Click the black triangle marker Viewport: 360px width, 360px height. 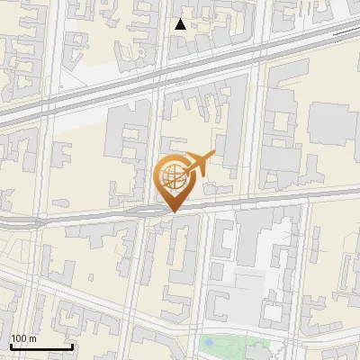(180, 24)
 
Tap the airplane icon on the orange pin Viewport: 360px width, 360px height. (197, 164)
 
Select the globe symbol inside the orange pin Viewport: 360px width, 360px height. (170, 175)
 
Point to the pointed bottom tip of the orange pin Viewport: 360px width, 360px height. (172, 211)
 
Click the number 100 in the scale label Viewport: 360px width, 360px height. (17, 337)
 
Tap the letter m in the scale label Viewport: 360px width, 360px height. (31, 337)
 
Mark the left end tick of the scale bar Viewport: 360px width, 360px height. (10, 346)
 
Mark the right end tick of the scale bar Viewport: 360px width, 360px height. (73, 346)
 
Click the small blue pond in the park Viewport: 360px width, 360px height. (210, 342)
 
